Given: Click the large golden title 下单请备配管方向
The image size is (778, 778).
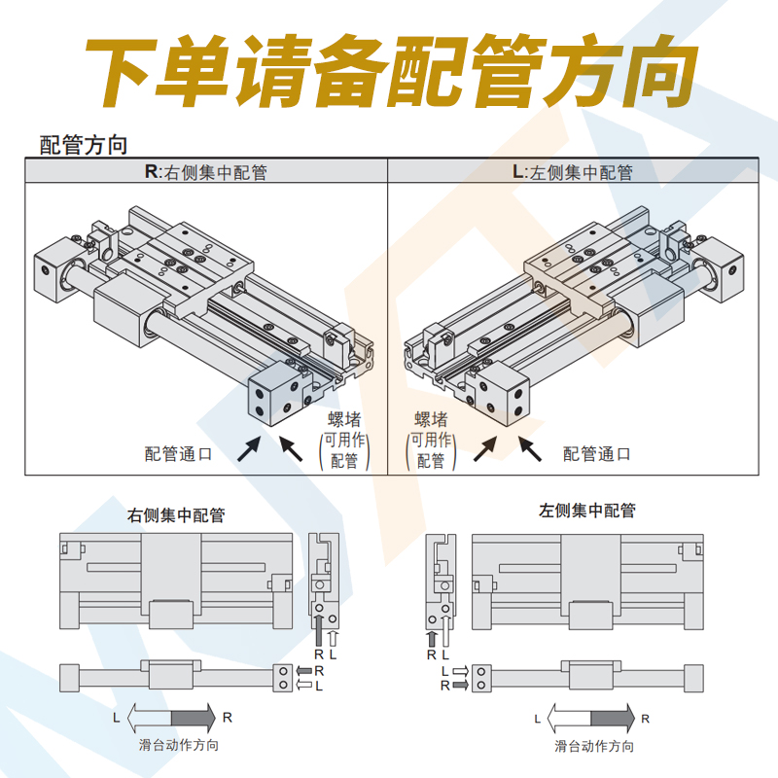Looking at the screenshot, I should point(389,73).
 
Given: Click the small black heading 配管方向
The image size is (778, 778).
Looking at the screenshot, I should point(84,146).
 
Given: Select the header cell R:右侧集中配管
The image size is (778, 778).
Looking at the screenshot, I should point(206,172).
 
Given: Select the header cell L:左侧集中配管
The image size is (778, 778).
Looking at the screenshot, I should point(572,172).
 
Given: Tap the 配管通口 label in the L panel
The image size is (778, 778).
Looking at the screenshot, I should point(597,453).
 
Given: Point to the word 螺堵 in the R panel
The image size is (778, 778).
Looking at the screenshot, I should point(344,420).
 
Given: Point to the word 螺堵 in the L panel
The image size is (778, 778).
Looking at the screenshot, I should point(431,420).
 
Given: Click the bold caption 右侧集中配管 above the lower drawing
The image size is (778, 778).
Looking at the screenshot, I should point(176,515).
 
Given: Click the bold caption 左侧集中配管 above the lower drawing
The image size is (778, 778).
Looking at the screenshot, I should point(587,511).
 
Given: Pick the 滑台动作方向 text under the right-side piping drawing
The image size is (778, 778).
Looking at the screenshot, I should point(178,745).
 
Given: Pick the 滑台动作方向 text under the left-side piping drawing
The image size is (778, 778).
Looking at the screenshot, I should point(594,746).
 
